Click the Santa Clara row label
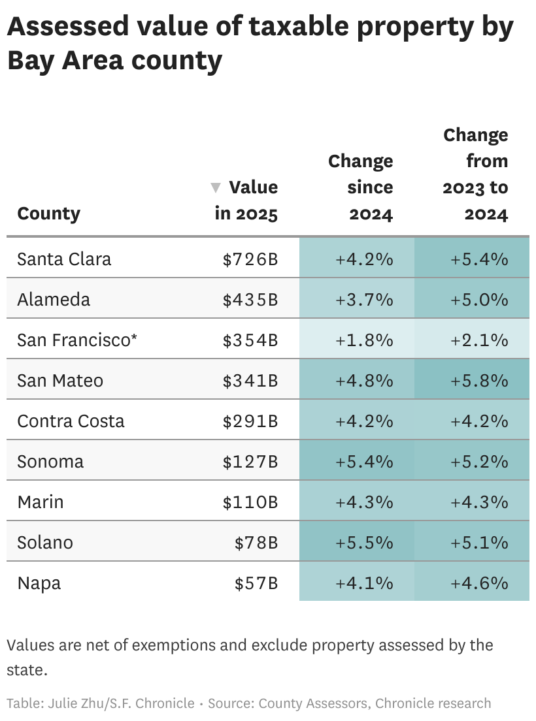[x=64, y=259]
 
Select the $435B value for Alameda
[x=250, y=300]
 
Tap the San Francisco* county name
[x=77, y=340]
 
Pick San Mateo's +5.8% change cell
[x=479, y=381]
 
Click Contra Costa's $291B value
[x=250, y=421]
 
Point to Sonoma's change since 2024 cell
[x=364, y=462]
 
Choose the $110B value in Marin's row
[x=250, y=502]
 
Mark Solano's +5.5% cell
[x=364, y=543]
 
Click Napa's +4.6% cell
[x=479, y=583]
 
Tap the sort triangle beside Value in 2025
[x=216, y=188]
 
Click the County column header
[x=49, y=214]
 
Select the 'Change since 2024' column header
[x=361, y=187]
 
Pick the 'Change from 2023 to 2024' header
[x=475, y=174]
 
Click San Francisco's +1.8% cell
[x=364, y=340]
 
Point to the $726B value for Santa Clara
[x=250, y=259]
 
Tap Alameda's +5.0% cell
[x=479, y=300]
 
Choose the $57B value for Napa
[x=256, y=583]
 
